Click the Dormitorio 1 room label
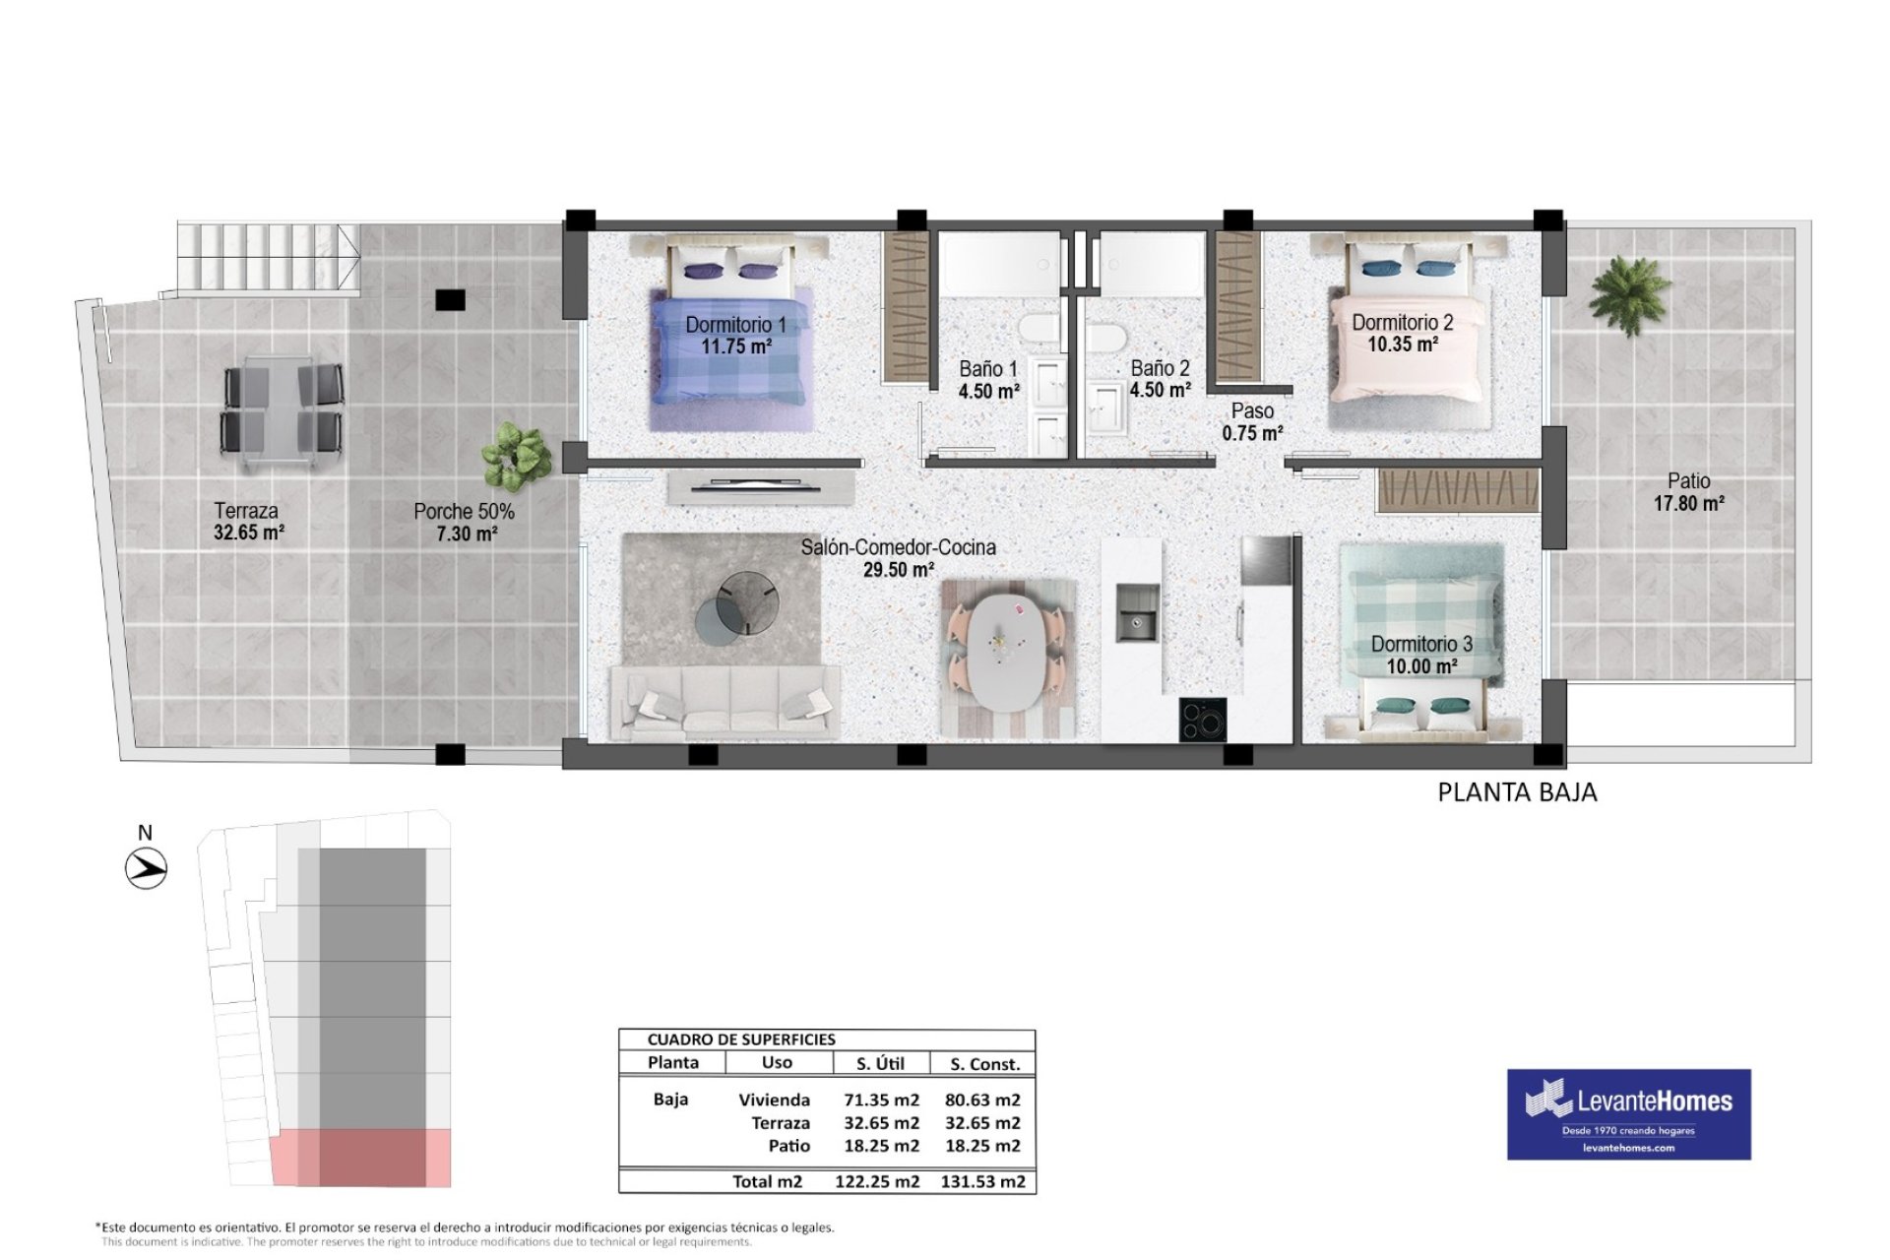(x=735, y=324)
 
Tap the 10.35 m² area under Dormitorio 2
(x=1402, y=345)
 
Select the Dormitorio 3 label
(x=1421, y=644)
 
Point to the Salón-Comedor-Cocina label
(x=898, y=547)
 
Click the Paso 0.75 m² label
(x=1252, y=422)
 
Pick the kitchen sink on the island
(x=1137, y=611)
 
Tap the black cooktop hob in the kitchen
(x=1203, y=719)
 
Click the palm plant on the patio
(x=1629, y=293)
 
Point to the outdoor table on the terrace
(x=282, y=409)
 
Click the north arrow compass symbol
(x=147, y=869)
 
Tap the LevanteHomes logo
(x=1629, y=1114)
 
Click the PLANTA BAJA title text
(x=1517, y=792)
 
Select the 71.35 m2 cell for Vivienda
(x=881, y=1101)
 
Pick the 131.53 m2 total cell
(x=982, y=1182)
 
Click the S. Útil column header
(x=880, y=1064)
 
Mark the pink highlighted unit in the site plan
(x=360, y=1158)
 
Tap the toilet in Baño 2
(x=1107, y=337)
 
